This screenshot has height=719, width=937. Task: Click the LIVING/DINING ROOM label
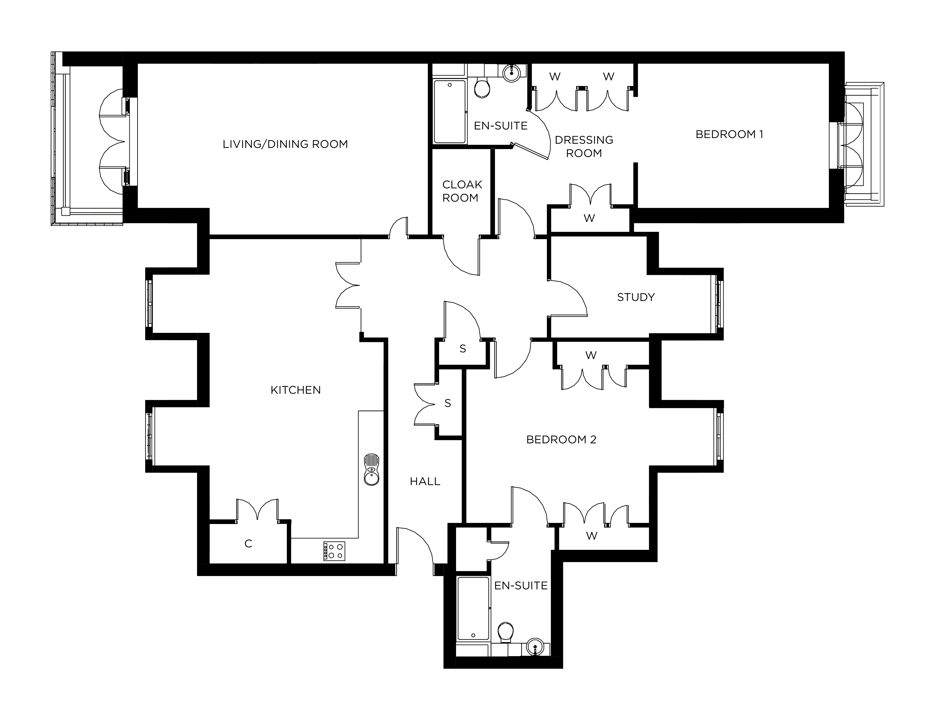[285, 144]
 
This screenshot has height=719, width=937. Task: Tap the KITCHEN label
[295, 390]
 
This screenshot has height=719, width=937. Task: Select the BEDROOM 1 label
[729, 134]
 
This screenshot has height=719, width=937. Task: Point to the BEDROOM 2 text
[561, 440]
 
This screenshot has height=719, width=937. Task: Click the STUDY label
[636, 297]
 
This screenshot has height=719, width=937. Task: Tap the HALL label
[425, 481]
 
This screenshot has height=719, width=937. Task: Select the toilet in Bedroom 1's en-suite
[483, 87]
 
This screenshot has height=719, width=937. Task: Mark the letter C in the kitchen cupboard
[248, 544]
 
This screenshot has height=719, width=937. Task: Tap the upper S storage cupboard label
[463, 349]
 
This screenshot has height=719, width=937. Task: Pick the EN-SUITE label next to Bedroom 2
[521, 586]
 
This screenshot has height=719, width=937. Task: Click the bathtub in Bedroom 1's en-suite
[450, 111]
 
